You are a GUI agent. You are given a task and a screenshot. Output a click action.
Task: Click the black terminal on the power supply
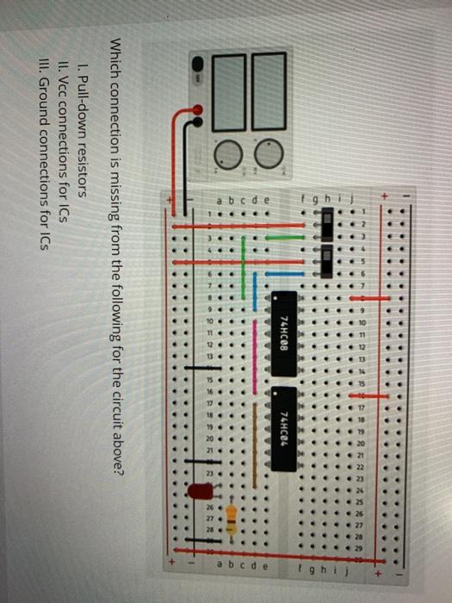(199, 64)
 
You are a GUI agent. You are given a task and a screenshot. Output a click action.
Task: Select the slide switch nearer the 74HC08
(325, 261)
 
